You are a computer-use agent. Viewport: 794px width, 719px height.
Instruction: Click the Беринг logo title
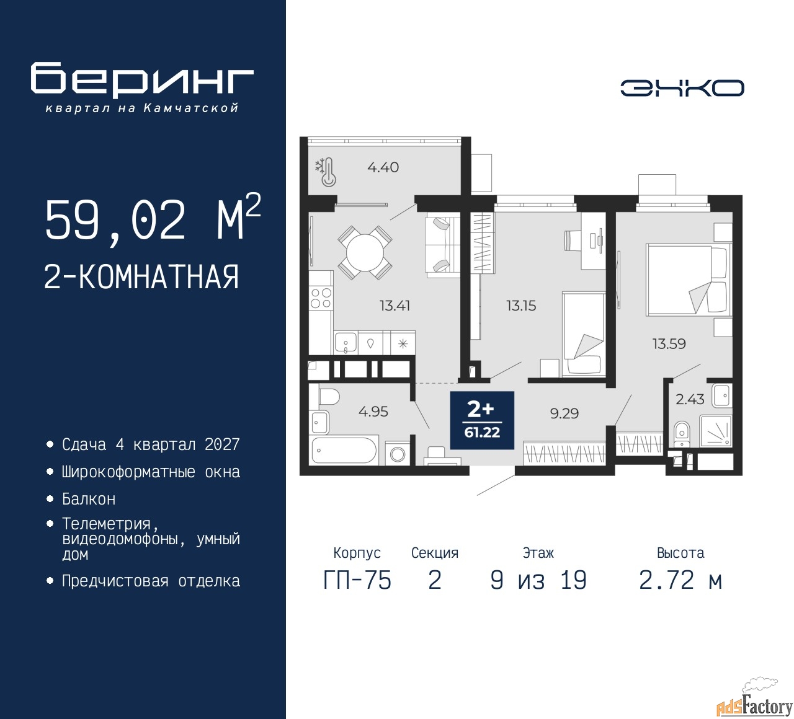point(141,79)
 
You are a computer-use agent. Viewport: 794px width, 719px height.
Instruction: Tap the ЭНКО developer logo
point(682,88)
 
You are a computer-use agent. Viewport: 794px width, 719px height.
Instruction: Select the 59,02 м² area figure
point(153,219)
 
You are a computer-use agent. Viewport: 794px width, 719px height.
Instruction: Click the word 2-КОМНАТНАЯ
point(141,277)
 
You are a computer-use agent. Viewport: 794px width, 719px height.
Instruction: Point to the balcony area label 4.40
point(383,167)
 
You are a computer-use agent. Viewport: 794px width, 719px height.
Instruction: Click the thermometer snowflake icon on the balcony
point(326,172)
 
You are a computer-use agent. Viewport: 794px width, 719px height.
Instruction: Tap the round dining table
point(365,252)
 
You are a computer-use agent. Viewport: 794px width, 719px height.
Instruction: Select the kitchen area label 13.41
point(395,306)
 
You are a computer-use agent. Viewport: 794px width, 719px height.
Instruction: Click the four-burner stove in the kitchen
point(321,298)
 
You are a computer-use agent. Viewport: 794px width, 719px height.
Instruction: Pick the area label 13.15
point(521,306)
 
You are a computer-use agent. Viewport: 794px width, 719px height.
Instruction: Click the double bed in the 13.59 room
point(689,280)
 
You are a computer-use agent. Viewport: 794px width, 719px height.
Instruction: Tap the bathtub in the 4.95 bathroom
point(344,450)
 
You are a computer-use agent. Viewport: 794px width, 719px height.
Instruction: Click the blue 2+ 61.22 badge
point(482,420)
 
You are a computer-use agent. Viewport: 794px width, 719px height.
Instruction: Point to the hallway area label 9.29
point(564,413)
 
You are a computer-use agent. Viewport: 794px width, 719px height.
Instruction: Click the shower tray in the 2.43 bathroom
point(715,431)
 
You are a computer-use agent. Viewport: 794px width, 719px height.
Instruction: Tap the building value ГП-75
point(357,581)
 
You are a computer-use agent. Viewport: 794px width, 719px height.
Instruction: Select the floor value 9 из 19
point(538,581)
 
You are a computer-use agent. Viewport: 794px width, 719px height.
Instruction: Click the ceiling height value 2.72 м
point(680,581)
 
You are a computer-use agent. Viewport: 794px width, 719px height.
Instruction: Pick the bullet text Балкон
point(89,499)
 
